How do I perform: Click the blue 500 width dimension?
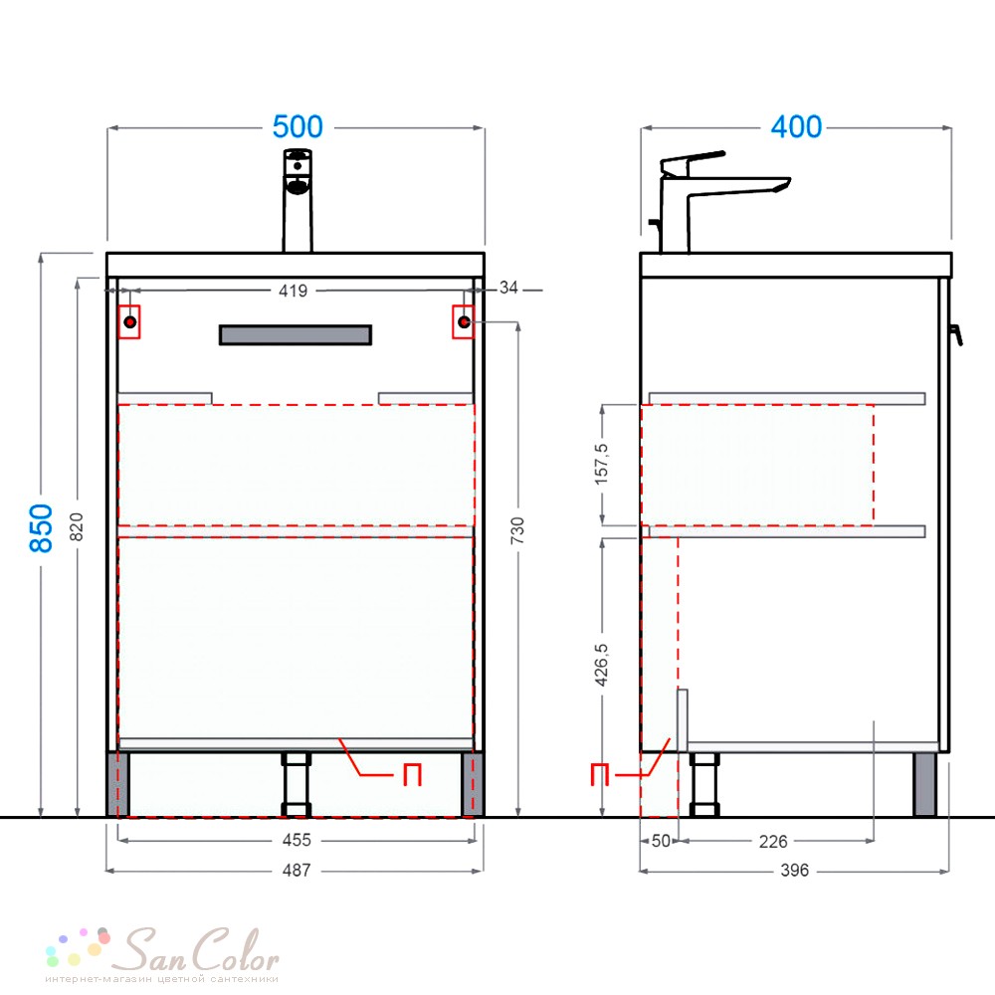[298, 127]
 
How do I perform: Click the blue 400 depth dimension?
[796, 127]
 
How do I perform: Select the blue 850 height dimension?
[41, 528]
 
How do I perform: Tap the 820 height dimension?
[77, 526]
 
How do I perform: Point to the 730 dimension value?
[517, 530]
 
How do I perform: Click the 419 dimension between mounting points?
[294, 291]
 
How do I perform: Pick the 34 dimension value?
[508, 288]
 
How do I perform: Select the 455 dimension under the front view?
[297, 840]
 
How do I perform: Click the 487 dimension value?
[297, 870]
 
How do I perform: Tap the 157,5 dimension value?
[601, 465]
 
